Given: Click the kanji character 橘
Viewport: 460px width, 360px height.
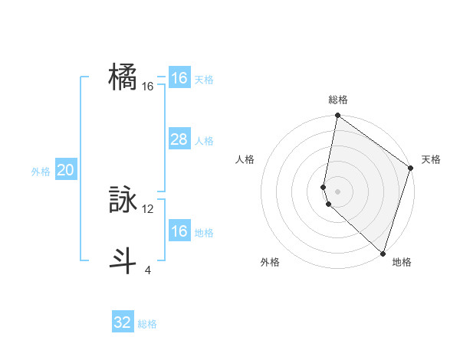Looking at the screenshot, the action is point(123,78).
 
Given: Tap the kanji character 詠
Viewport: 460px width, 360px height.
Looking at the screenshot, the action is point(123,201).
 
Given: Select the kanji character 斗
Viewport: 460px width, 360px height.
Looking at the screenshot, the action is point(123,261).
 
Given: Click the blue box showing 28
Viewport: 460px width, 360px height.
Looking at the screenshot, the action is point(179,139).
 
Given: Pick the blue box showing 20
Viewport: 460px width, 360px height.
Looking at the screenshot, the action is point(65,171).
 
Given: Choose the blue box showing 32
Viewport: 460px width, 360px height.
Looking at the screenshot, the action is point(123,322).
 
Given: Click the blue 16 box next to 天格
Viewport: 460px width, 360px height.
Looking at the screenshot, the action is point(179,78).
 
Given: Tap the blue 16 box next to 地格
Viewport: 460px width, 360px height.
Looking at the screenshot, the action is point(179,231).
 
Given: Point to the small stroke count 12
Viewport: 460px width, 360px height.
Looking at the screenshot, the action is point(148,208).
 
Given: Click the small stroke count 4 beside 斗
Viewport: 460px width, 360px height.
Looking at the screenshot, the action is point(148,270).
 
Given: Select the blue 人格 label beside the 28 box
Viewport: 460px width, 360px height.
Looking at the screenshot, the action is point(204,141).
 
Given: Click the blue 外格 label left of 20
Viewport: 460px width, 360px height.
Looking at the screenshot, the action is point(41,172).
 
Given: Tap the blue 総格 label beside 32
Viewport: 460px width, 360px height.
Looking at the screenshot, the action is point(147,324).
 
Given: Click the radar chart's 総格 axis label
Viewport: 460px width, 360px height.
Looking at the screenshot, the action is point(337,100).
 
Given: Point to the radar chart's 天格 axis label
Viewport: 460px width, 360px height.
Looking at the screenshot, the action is point(431,159).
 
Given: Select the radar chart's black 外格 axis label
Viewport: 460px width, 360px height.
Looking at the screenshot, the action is point(270,262).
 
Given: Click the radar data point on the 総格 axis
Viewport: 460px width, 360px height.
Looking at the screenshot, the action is point(337,116).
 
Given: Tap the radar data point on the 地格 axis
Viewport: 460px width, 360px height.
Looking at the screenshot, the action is point(383,253).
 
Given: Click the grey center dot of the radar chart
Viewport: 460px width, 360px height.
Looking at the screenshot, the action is point(337,191).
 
